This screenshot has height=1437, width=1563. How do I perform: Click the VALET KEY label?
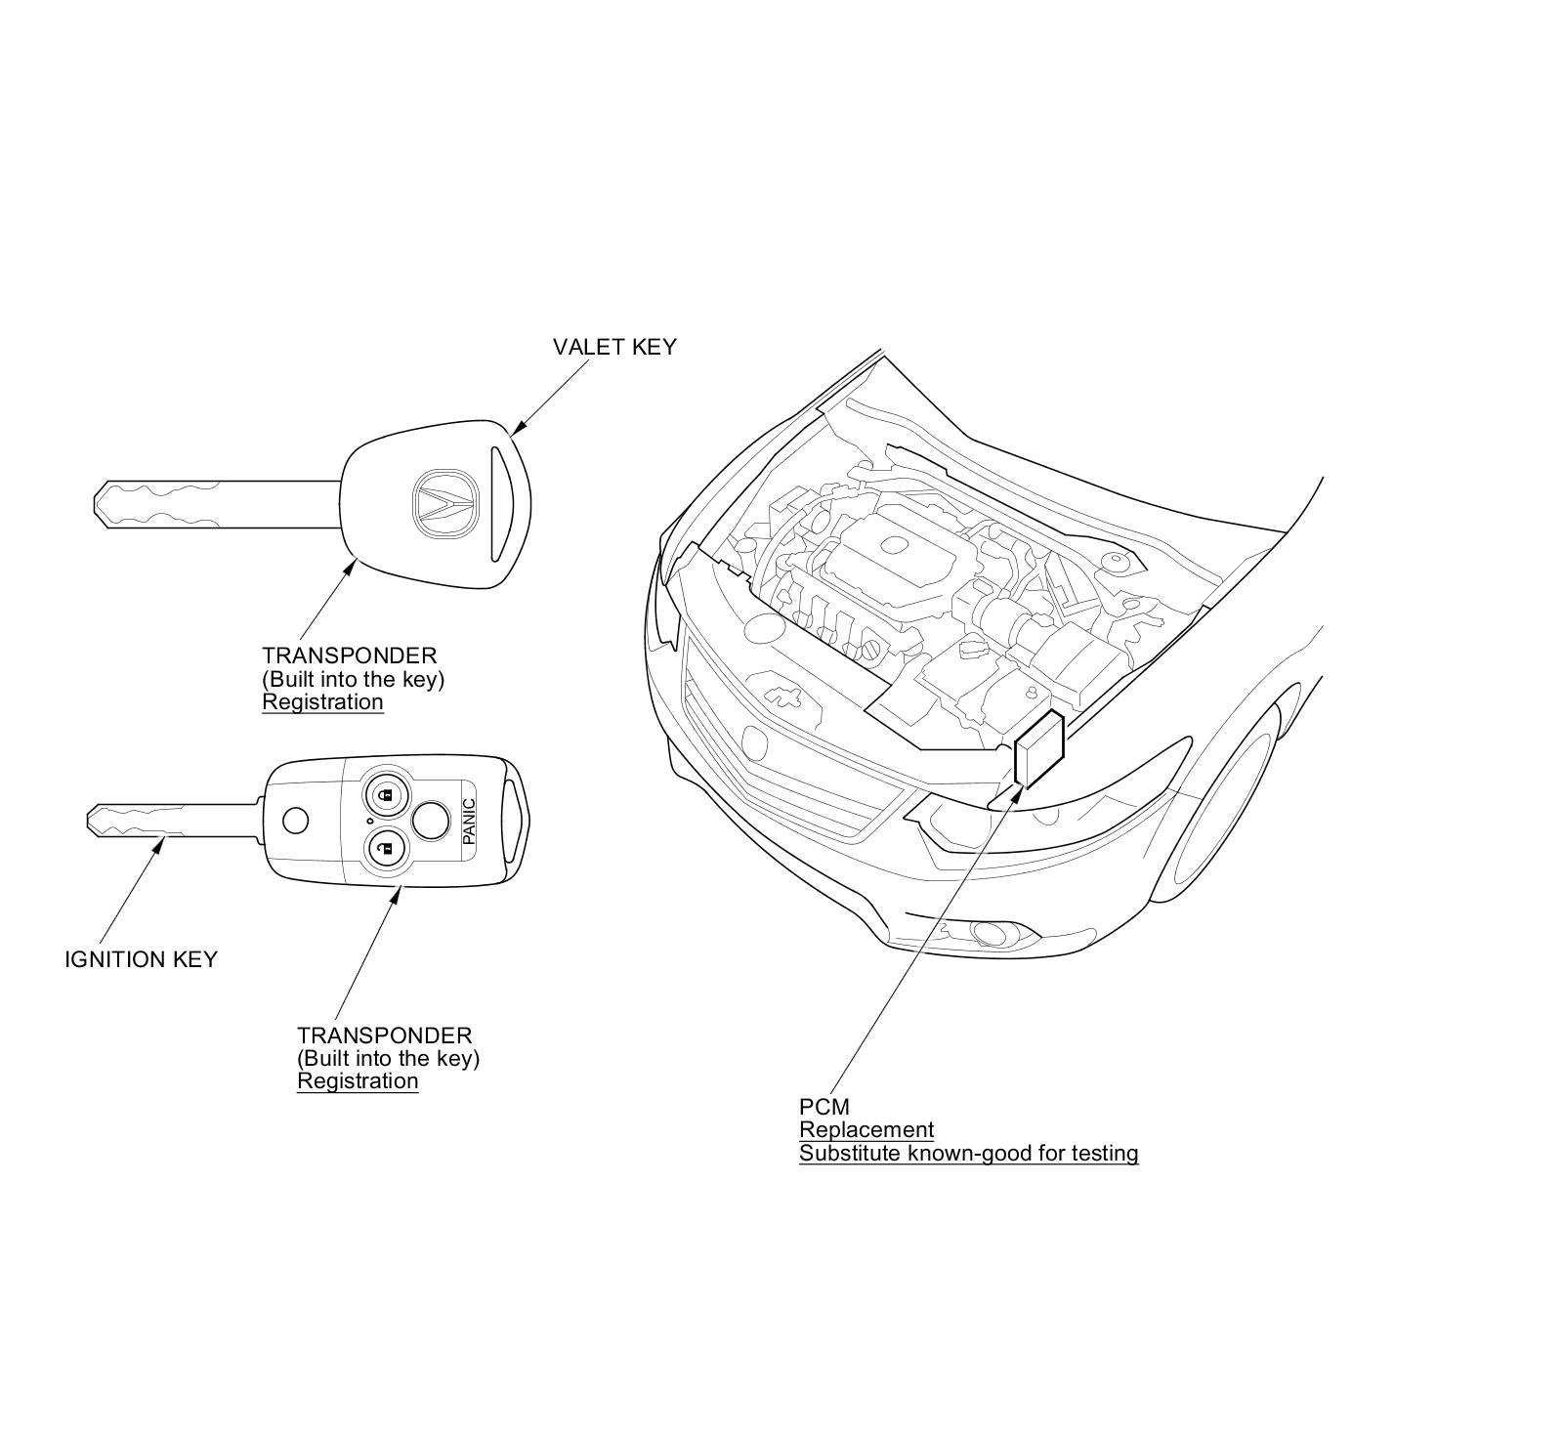(x=613, y=347)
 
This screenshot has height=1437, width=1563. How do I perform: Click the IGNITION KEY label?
(x=141, y=959)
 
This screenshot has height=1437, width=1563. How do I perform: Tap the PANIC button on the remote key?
(x=469, y=821)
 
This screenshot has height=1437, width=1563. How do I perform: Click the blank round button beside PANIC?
(x=430, y=821)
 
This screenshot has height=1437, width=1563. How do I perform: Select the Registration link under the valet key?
(x=322, y=702)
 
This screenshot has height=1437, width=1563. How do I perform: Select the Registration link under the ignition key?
(x=358, y=1081)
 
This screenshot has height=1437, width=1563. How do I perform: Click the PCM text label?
(x=824, y=1107)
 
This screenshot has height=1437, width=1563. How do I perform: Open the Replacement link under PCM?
(x=866, y=1130)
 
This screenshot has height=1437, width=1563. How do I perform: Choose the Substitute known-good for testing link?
(x=968, y=1154)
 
